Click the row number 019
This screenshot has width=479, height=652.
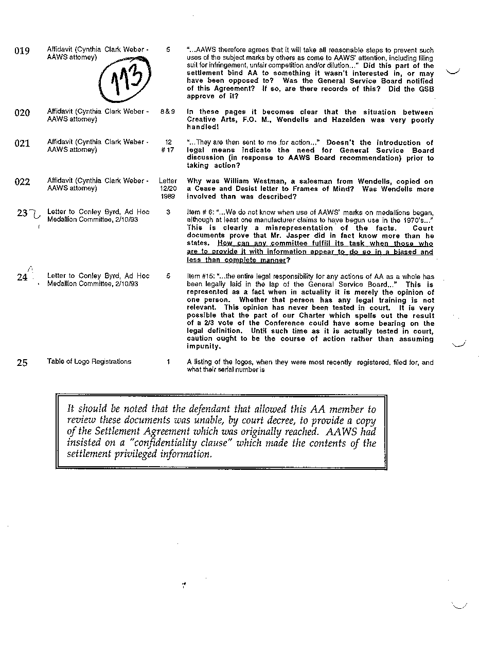pyautogui.click(x=22, y=51)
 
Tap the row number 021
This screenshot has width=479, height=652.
pyautogui.click(x=22, y=144)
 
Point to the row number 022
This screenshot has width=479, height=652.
pyautogui.click(x=22, y=182)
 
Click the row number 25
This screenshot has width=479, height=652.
pyautogui.click(x=22, y=363)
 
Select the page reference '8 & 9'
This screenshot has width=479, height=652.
pyautogui.click(x=168, y=112)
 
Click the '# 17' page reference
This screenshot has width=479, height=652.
pyautogui.click(x=168, y=150)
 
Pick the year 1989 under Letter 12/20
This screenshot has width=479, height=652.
pyautogui.click(x=168, y=197)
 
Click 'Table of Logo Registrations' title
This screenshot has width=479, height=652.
pyautogui.click(x=89, y=362)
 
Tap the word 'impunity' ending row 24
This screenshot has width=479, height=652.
pyautogui.click(x=203, y=346)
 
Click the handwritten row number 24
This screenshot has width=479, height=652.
pyautogui.click(x=22, y=277)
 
